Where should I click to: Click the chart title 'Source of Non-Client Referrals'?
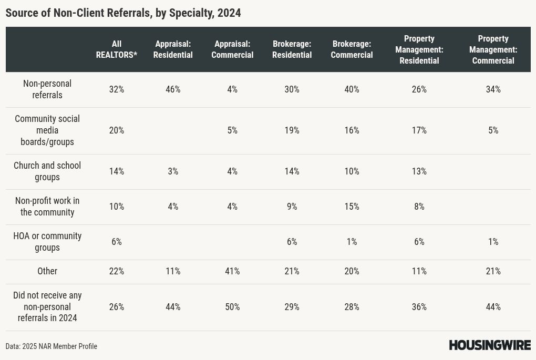[x=78, y=13]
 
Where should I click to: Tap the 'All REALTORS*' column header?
[x=117, y=49]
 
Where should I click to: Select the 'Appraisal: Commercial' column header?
[x=232, y=49]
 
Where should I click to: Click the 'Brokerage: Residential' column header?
[x=292, y=49]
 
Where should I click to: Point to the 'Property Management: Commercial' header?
[x=493, y=49]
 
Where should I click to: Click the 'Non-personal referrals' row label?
[x=47, y=89]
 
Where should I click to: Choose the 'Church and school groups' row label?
[x=47, y=171]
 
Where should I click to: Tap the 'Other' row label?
[x=47, y=271]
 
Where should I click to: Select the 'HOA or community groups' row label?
[x=47, y=242]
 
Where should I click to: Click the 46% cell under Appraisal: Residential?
[x=173, y=89]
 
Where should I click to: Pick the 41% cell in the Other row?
[x=232, y=271]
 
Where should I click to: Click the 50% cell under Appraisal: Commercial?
[x=232, y=307]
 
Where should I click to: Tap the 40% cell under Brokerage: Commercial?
[x=352, y=89]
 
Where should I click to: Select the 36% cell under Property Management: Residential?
[x=419, y=307]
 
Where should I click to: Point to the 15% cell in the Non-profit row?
[x=352, y=207]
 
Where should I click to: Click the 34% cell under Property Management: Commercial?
[x=493, y=89]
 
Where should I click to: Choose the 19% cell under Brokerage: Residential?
[x=292, y=130]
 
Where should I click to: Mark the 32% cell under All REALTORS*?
[x=117, y=89]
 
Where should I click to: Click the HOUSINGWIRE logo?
[x=490, y=345]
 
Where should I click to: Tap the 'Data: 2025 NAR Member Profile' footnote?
[x=51, y=346]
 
